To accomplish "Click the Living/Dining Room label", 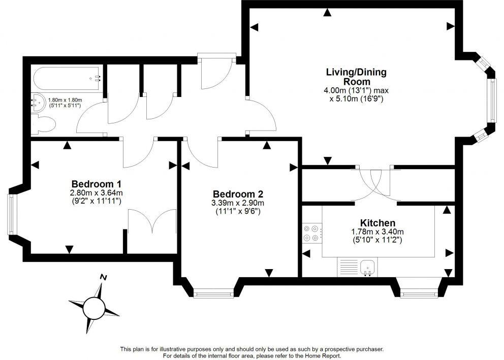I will click(x=356, y=77).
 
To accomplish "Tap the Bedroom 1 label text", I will click(x=96, y=184).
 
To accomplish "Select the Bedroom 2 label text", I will click(x=238, y=194).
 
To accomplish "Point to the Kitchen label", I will click(x=377, y=223).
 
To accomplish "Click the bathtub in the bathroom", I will click(x=67, y=79).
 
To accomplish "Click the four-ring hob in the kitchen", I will click(x=311, y=233).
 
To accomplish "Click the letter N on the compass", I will click(x=103, y=277).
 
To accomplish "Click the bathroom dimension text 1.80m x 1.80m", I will click(x=65, y=101).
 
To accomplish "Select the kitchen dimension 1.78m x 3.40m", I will click(x=377, y=232).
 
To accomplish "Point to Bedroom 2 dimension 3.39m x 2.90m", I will click(x=238, y=204).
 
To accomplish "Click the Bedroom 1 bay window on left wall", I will click(x=11, y=214).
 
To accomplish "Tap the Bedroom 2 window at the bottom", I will click(x=213, y=293).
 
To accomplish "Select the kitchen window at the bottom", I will click(x=419, y=293).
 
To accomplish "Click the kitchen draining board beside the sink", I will click(x=348, y=266).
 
